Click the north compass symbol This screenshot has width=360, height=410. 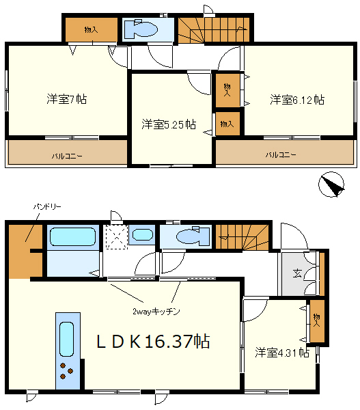331,184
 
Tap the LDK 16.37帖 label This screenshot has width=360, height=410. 153,341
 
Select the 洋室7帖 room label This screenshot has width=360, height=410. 67,99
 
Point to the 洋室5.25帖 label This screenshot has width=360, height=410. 169,124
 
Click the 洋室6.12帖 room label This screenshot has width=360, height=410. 297,100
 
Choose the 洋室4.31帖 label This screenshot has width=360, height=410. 282,353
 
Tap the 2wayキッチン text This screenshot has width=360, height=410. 156,312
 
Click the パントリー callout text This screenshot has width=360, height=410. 47,207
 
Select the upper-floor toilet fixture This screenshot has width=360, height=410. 141,29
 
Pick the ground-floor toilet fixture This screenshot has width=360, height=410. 193,236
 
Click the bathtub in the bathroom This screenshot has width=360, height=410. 72,236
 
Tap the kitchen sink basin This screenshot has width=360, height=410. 66,339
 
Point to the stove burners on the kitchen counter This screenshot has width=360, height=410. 66,371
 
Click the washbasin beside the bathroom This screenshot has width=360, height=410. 142,234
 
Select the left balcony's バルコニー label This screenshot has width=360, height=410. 67,156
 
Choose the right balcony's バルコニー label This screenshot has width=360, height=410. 281,155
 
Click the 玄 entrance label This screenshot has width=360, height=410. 297,273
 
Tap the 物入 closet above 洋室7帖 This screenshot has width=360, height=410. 92,30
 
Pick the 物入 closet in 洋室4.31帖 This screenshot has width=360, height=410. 317,320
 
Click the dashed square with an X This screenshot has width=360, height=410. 116,237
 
